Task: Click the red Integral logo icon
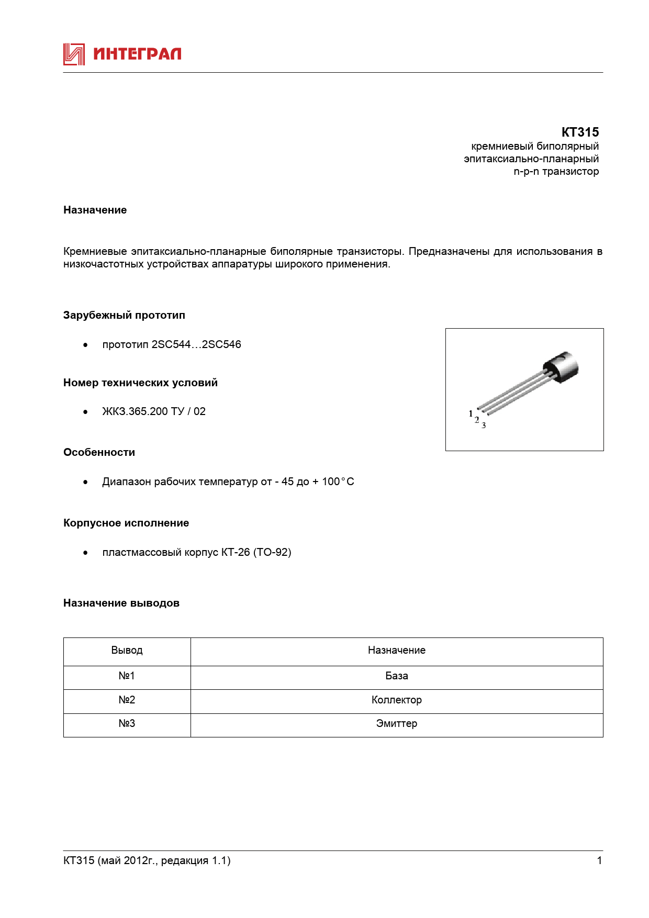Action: click(74, 54)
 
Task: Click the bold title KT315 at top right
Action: click(580, 132)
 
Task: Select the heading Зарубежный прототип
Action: click(124, 315)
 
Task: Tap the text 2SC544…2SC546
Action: click(196, 344)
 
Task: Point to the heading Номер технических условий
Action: click(140, 383)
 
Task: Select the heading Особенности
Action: click(99, 452)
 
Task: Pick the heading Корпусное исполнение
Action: click(126, 523)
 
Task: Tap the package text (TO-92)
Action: click(272, 552)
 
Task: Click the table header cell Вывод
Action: click(127, 651)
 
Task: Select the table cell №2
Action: click(127, 700)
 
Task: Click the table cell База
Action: click(396, 676)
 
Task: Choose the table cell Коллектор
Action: click(396, 700)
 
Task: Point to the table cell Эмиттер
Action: click(396, 724)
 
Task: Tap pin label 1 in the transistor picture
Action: click(471, 413)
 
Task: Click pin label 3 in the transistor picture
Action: click(484, 426)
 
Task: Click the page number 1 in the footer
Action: click(599, 860)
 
